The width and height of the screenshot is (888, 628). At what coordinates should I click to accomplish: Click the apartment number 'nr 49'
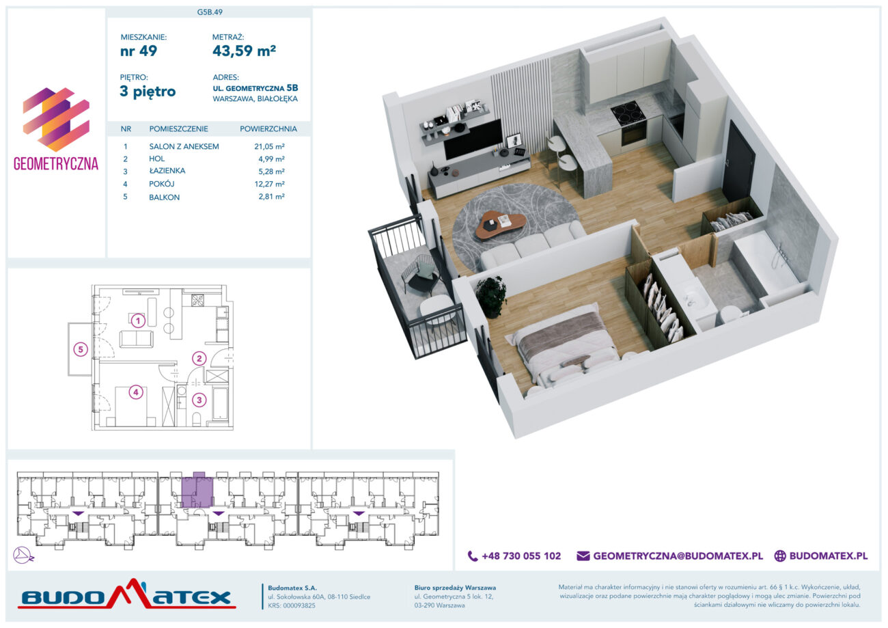[x=139, y=51]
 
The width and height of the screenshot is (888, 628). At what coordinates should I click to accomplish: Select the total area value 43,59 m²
[x=245, y=51]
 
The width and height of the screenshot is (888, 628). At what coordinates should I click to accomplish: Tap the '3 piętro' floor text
[x=148, y=92]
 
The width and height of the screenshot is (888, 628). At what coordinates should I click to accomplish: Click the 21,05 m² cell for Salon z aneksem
[x=270, y=146]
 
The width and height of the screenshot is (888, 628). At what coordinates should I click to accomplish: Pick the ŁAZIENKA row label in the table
[x=167, y=171]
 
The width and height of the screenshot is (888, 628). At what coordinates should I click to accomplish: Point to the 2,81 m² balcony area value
[x=272, y=196]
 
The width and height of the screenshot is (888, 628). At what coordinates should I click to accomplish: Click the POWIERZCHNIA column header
[x=268, y=129]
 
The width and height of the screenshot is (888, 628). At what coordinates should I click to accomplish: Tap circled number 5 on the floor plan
[x=81, y=350]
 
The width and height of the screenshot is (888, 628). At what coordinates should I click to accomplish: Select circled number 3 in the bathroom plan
[x=199, y=400]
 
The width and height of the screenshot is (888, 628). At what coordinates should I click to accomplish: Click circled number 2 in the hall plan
[x=199, y=359]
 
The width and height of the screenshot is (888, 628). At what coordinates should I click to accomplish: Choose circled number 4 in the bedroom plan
[x=135, y=392]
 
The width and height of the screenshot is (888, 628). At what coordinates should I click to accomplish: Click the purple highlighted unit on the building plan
[x=197, y=490]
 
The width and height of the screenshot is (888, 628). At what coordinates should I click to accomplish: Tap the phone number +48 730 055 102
[x=521, y=556]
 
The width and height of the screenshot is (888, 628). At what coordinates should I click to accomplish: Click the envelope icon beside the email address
[x=583, y=556]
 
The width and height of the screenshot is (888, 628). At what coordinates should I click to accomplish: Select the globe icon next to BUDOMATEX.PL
[x=780, y=556]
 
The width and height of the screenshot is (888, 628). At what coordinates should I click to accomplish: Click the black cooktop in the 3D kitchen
[x=628, y=113]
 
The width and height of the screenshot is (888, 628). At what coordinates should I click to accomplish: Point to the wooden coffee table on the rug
[x=500, y=224]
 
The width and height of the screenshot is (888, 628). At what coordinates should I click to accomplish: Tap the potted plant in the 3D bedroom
[x=492, y=297]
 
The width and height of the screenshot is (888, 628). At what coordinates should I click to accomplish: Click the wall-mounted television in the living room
[x=473, y=139]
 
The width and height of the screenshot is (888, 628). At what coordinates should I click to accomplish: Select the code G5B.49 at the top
[x=210, y=12]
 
